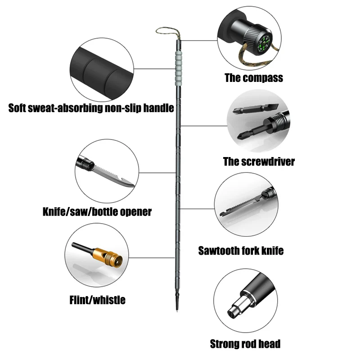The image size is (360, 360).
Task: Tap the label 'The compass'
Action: (254, 78)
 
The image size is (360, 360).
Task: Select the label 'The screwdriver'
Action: (259, 162)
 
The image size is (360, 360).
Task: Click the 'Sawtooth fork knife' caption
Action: (241, 251)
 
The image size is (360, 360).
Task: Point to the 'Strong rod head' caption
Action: (245, 344)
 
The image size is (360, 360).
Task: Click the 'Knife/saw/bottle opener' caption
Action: (97, 211)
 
